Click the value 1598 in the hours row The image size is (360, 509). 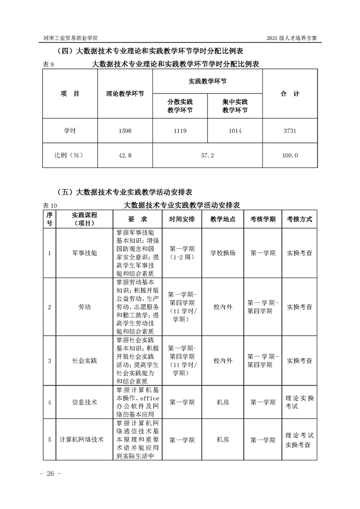pos(125,131)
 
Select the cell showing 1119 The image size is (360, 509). pos(180,131)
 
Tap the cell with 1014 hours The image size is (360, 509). pos(235,131)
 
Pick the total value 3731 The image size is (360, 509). pos(290,131)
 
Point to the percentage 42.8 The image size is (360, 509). pos(125,155)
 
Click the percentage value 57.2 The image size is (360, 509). pos(207,155)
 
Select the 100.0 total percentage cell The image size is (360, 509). pos(290,155)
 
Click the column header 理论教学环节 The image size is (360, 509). pos(125,94)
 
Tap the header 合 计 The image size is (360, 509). pos(290,94)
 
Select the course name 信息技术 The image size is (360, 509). pos(84,402)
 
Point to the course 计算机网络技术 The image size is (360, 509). pos(82,440)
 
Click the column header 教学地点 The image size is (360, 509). pos(223,219)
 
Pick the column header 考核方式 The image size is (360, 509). pos(299,219)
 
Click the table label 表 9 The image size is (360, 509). pos(48,65)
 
